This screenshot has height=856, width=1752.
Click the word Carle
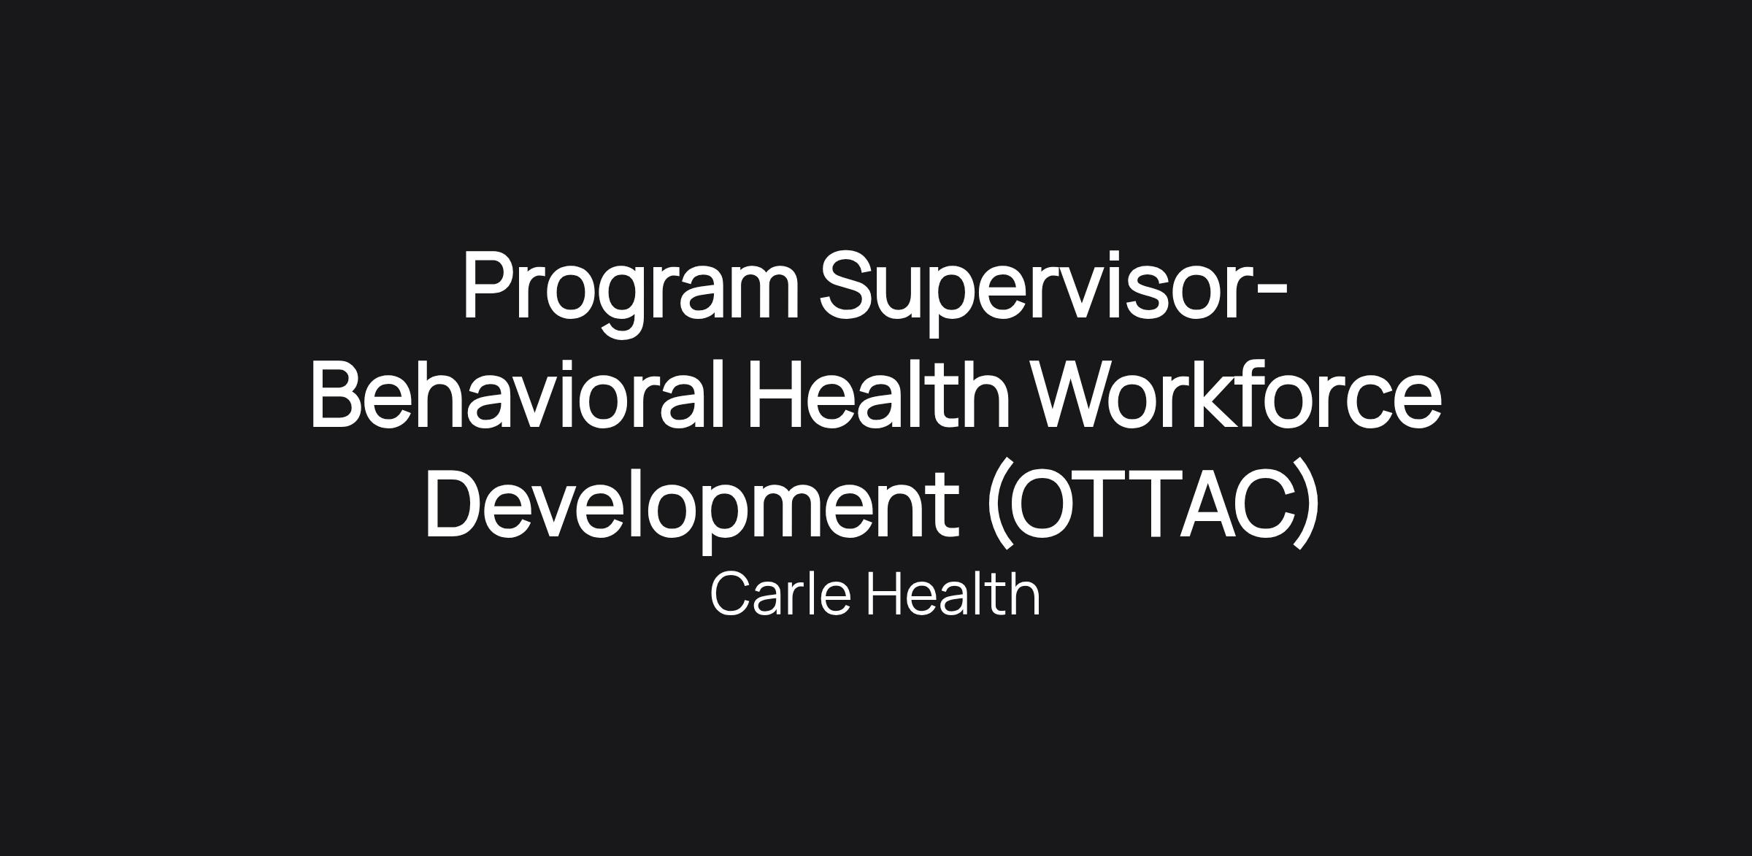click(x=780, y=595)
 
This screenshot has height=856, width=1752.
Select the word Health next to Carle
click(x=953, y=594)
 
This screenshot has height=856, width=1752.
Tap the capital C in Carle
click(x=731, y=595)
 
